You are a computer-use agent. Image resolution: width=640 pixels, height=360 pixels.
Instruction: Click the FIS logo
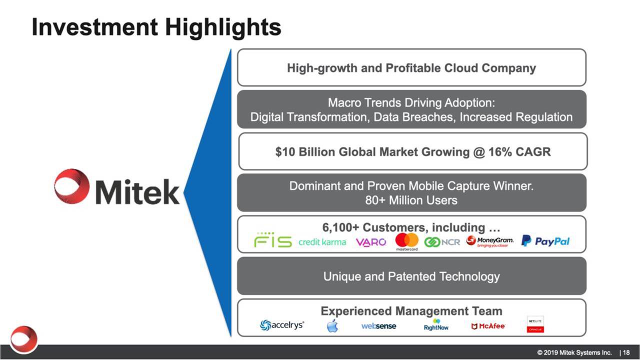point(272,241)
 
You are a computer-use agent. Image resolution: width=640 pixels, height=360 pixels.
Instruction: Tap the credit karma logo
point(322,242)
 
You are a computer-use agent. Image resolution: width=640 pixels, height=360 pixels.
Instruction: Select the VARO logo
point(370,242)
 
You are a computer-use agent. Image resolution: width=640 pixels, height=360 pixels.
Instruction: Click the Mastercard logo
point(406,241)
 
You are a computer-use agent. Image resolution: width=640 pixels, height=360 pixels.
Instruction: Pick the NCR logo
point(442,242)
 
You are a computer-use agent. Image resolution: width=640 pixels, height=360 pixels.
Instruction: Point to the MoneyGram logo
point(489,242)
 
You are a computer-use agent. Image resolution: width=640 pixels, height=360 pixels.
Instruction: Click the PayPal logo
point(545,241)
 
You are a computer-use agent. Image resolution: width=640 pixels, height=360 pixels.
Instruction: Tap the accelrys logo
point(281,325)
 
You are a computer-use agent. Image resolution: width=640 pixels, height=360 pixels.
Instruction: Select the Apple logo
point(332,326)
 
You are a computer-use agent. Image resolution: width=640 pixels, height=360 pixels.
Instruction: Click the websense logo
point(378,326)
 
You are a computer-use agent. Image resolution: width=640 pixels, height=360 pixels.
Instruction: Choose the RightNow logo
point(436,325)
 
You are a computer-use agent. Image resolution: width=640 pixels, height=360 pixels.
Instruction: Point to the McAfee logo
point(488,326)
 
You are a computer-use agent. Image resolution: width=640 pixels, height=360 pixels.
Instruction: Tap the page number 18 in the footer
point(626,352)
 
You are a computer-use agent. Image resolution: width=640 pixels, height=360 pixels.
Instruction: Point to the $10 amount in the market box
point(285,152)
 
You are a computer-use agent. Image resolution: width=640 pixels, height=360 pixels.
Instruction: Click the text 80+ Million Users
point(411,200)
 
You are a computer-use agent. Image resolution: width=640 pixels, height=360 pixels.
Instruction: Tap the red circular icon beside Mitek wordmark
point(72,186)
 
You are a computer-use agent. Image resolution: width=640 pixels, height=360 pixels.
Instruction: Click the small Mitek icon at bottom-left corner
point(23,338)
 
